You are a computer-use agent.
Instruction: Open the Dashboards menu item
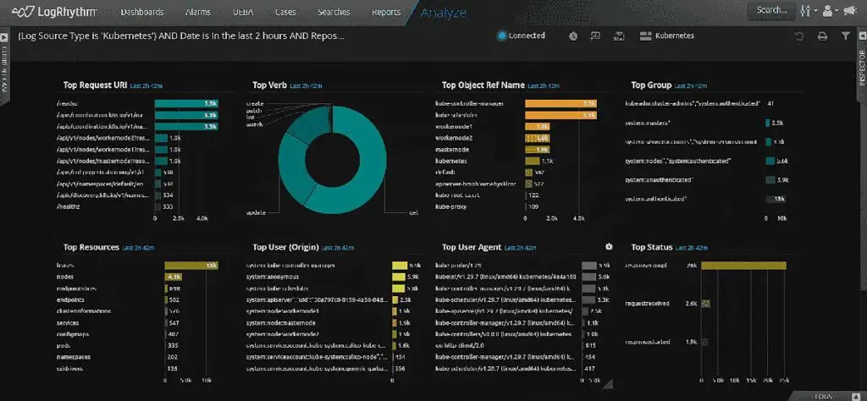[x=142, y=12]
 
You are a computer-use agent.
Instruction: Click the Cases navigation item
[x=285, y=12]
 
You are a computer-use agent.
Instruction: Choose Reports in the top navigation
[x=386, y=12]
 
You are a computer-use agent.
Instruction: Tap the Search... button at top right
[x=770, y=10]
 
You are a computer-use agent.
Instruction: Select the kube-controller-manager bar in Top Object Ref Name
[x=561, y=104]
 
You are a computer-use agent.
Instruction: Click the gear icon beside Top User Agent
[x=608, y=247]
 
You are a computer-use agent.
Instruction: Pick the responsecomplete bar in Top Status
[x=743, y=266]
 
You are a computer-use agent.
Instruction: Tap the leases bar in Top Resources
[x=192, y=266]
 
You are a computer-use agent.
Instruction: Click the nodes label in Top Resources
[x=66, y=277]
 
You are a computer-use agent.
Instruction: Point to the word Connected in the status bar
[x=527, y=36]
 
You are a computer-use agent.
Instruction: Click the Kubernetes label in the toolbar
[x=675, y=36]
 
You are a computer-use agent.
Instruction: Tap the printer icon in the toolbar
[x=822, y=36]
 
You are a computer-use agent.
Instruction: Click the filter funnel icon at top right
[x=845, y=36]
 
